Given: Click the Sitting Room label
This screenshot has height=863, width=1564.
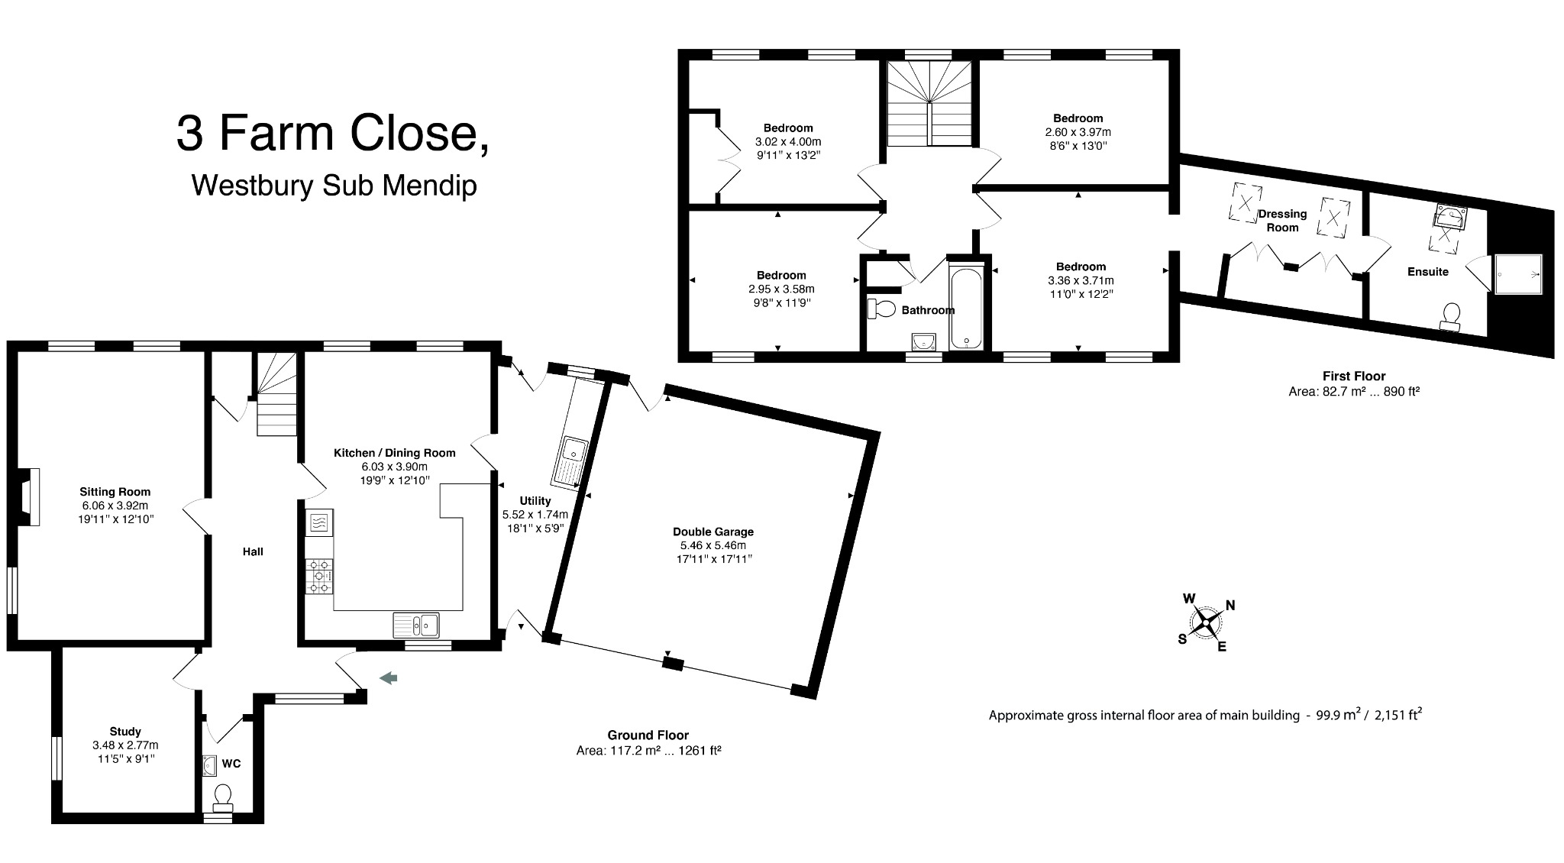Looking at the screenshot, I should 115,492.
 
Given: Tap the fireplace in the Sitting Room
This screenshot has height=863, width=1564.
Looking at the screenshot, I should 28,497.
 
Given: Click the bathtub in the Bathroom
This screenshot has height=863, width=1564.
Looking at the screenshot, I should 967,308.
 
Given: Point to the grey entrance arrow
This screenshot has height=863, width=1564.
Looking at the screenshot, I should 389,677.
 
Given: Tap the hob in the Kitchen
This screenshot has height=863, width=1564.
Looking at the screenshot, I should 319,576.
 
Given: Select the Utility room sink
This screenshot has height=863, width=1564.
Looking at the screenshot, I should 570,461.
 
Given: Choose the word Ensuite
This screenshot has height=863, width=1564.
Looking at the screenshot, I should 1427,271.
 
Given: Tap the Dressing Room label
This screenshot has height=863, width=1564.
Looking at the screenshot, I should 1282,221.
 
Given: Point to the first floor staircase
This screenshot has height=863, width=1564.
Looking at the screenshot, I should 931,102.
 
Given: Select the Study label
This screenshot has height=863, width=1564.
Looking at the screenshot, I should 125,731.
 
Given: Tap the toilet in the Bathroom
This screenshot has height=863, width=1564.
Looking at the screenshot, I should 882,309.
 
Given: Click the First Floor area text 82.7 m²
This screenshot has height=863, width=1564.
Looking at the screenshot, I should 1353,391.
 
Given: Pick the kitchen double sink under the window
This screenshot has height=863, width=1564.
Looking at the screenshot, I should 416,625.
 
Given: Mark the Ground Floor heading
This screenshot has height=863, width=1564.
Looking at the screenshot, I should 648,735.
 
